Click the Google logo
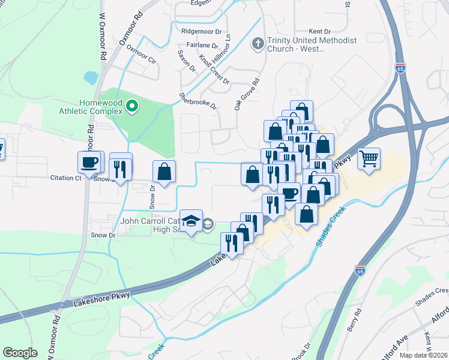pyautogui.click(x=20, y=353)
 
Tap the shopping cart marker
pyautogui.click(x=369, y=159)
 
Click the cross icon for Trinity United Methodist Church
pyautogui.click(x=258, y=44)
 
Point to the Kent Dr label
pyautogui.click(x=319, y=31)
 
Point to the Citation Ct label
pyautogui.click(x=65, y=178)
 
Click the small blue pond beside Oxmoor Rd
pyautogui.click(x=91, y=77)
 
